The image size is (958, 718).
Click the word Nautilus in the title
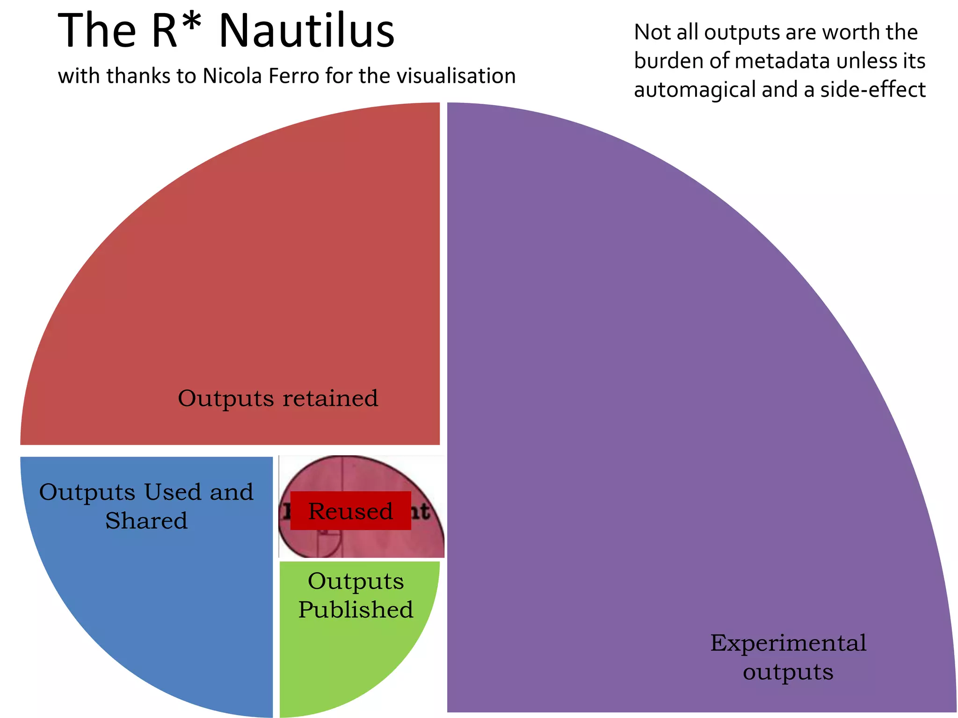306,31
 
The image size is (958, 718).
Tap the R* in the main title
176,31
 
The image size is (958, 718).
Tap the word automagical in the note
695,90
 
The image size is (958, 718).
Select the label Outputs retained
278,399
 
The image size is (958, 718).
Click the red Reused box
350,510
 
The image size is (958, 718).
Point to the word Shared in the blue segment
146,521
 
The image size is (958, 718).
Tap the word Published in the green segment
356,610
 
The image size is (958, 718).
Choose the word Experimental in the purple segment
788,643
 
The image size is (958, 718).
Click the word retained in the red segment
330,399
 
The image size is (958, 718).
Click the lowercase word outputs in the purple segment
788,672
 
